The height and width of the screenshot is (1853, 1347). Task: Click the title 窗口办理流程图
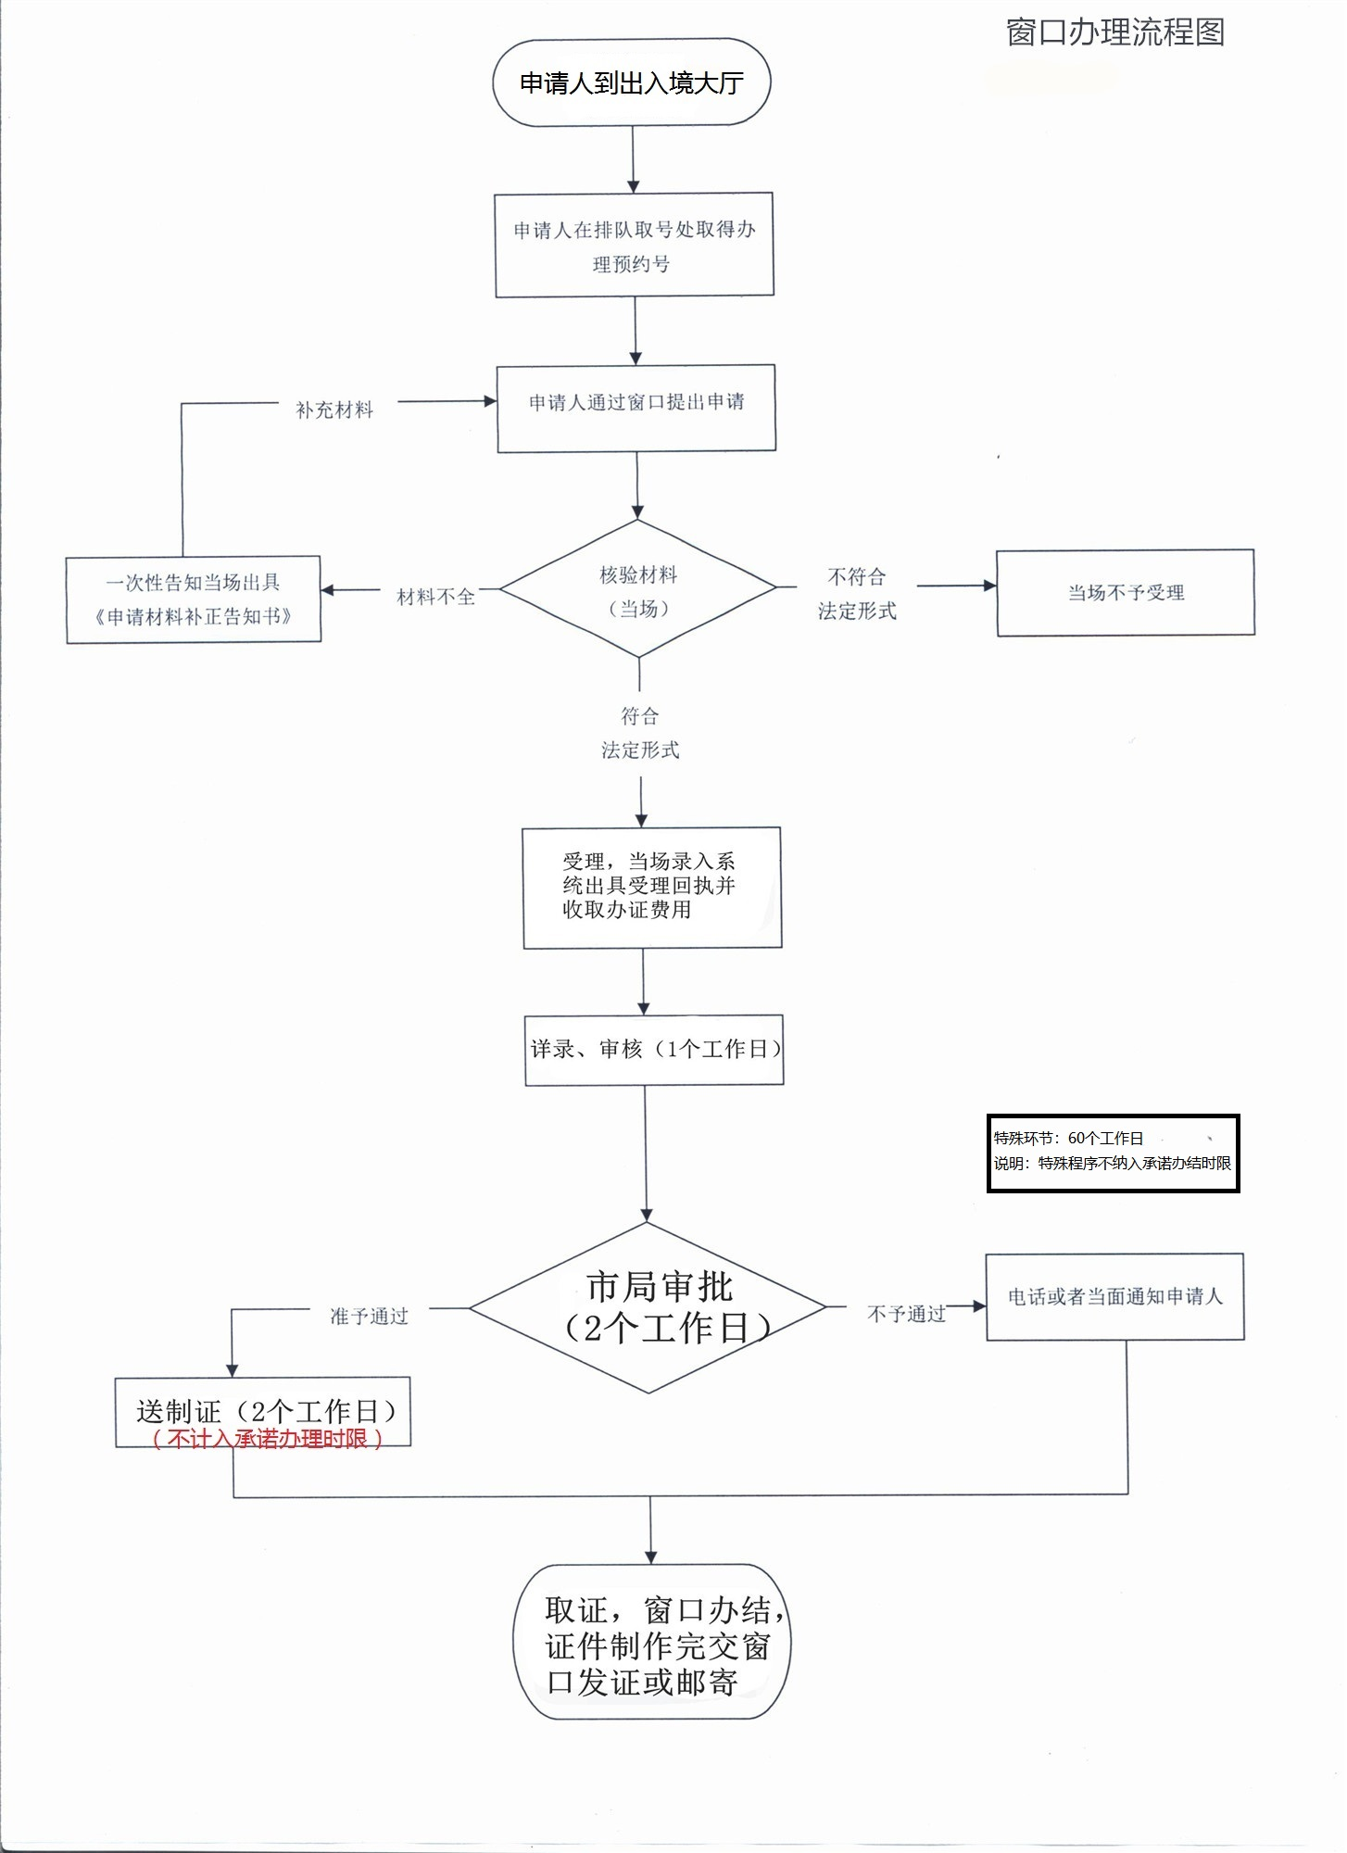click(x=1114, y=32)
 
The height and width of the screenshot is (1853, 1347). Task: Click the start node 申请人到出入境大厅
click(x=632, y=82)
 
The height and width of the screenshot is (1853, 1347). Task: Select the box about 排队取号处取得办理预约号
click(x=635, y=246)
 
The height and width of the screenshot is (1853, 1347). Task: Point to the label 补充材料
click(x=334, y=410)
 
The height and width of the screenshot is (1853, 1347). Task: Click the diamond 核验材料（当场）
click(x=638, y=590)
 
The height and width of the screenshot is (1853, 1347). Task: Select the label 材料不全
click(x=435, y=597)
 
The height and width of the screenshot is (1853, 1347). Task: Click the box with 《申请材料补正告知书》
click(x=194, y=599)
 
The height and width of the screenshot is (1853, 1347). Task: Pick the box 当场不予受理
click(x=1126, y=593)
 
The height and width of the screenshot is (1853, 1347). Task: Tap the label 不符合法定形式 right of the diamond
click(x=857, y=594)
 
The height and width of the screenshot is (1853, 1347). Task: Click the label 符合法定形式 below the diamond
click(x=640, y=733)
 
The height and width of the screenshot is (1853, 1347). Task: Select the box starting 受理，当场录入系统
click(x=652, y=887)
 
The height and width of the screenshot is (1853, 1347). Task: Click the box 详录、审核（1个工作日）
click(x=654, y=1050)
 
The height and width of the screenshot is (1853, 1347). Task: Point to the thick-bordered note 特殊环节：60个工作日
click(x=1113, y=1153)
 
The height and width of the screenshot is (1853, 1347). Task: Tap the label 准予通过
click(x=369, y=1316)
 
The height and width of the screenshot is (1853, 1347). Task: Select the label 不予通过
click(x=905, y=1314)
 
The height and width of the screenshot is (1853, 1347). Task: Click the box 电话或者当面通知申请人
click(x=1114, y=1297)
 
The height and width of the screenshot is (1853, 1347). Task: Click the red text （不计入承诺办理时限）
click(x=267, y=1439)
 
